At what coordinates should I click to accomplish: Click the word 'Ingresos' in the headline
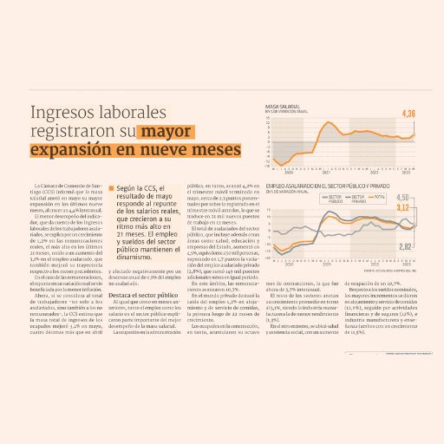point(62,114)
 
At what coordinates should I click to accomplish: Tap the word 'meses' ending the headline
point(211,151)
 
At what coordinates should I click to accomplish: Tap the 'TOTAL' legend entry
point(378,198)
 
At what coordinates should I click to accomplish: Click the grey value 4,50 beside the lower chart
point(402,198)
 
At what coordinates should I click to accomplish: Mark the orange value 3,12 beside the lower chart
point(402,208)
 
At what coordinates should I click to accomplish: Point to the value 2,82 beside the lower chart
point(404,247)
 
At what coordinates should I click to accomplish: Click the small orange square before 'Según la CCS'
point(112,187)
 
